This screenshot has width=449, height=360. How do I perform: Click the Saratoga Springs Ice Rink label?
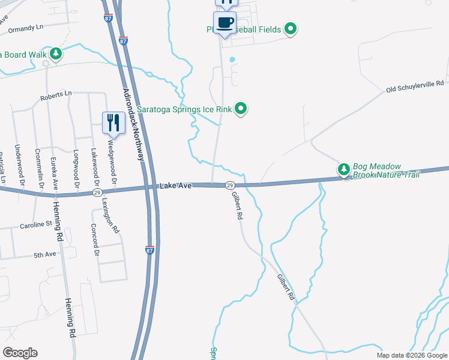pos(184,109)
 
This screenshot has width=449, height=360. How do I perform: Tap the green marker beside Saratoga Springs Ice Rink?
pos(241,109)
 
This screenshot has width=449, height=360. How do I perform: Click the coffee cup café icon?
pos(225,23)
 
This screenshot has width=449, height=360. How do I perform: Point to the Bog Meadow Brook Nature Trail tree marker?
pos(343,170)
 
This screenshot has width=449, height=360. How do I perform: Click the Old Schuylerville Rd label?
pos(415,87)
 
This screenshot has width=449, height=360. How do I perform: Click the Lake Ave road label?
pos(175,187)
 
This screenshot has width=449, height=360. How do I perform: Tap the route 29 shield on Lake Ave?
pos(229,186)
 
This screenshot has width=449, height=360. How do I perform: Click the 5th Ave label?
pos(44,254)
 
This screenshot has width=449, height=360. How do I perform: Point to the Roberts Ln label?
pos(56,94)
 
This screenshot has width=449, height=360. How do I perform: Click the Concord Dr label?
pos(95,239)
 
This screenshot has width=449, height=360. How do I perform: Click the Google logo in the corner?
pos(20,353)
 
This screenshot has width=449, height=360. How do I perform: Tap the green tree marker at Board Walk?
pos(56,54)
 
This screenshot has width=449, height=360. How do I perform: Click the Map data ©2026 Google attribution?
pos(412,355)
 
